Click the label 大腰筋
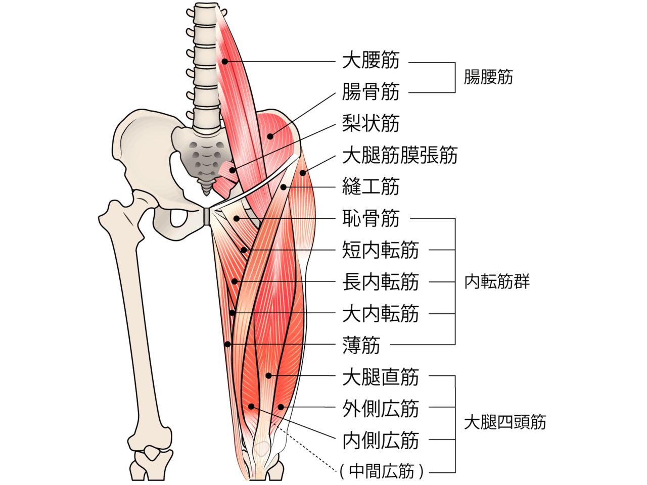click(x=371, y=60)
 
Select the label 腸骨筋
click(x=371, y=92)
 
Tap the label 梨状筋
click(x=371, y=123)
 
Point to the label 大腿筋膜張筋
click(x=400, y=155)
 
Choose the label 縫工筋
click(x=371, y=186)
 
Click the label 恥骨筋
click(x=371, y=218)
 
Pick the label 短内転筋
click(x=380, y=250)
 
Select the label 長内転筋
click(x=380, y=281)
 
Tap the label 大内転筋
click(x=380, y=313)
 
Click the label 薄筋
click(x=361, y=345)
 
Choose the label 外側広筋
click(x=380, y=408)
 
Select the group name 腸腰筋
click(x=488, y=77)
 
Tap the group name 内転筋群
click(x=497, y=281)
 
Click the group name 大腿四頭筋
click(x=505, y=422)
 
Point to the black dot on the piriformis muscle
click(x=233, y=170)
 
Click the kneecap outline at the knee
click(x=262, y=449)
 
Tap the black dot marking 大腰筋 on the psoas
click(x=225, y=62)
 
